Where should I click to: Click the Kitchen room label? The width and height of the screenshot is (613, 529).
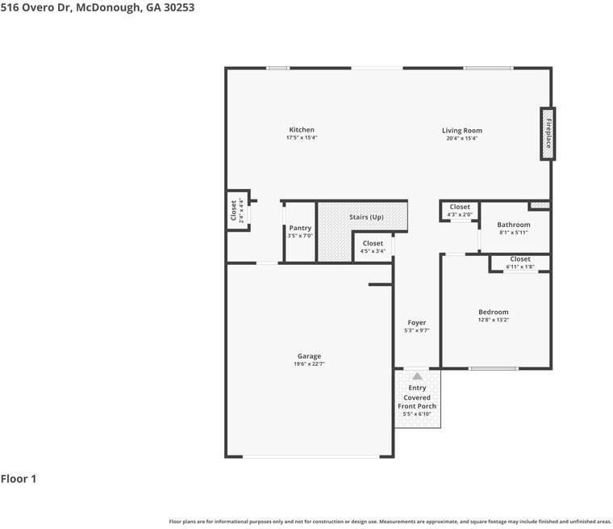[x=302, y=129]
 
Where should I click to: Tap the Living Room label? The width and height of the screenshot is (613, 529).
[x=462, y=130]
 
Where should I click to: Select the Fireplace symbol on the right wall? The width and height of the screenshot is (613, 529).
[x=548, y=133]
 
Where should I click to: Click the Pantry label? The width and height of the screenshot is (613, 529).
[x=300, y=228]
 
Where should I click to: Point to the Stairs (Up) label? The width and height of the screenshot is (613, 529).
[x=366, y=217]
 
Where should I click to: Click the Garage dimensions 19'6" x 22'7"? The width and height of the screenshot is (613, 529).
[x=309, y=363]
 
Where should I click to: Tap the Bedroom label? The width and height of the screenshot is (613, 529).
[x=494, y=312]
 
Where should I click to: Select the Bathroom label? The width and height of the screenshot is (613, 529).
[x=514, y=225]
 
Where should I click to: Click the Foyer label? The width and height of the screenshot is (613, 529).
[x=417, y=322]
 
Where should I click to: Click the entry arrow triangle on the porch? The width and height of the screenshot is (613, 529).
[x=417, y=376]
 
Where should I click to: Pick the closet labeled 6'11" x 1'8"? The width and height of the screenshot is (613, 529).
[x=520, y=262]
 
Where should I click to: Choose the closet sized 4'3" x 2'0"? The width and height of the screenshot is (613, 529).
[x=460, y=210]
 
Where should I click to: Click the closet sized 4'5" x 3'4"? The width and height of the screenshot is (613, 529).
[x=373, y=246]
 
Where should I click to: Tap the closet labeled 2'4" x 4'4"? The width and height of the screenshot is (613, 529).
[x=237, y=210]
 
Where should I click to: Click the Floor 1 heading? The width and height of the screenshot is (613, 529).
[x=19, y=478]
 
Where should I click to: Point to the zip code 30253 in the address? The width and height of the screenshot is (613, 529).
[x=179, y=7]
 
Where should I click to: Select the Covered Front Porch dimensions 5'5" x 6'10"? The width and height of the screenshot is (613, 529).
[x=417, y=414]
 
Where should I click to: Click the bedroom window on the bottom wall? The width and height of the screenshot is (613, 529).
[x=494, y=368]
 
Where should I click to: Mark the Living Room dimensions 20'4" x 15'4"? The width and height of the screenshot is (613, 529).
[x=462, y=138]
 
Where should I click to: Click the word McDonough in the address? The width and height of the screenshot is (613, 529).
[x=109, y=7]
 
